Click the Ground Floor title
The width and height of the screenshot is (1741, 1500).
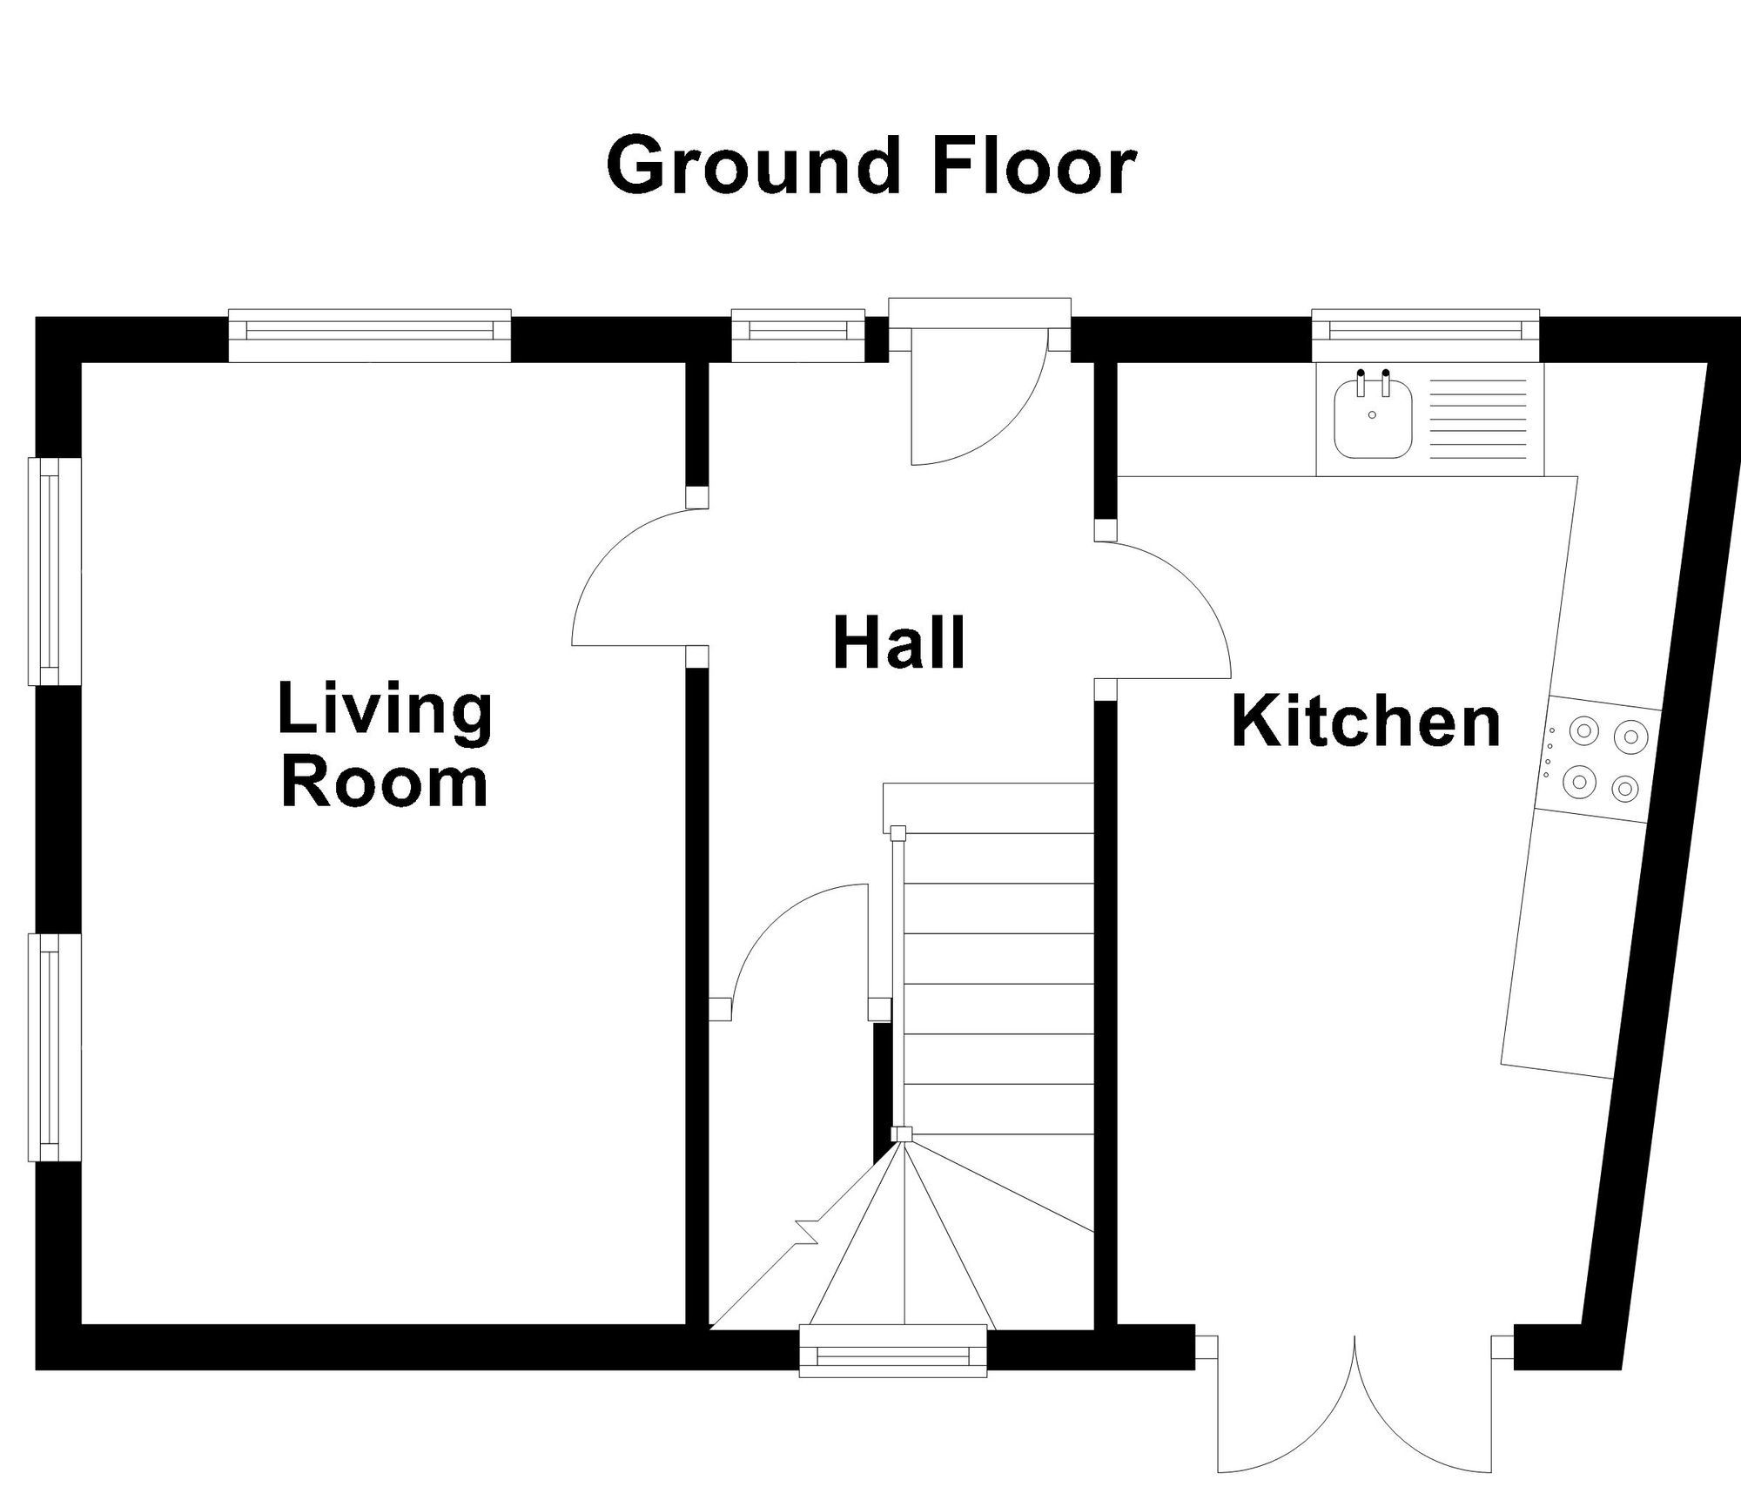click(x=870, y=165)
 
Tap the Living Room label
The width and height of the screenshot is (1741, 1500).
click(x=385, y=746)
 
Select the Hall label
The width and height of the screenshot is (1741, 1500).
click(x=899, y=643)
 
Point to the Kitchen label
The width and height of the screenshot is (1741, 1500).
click(x=1367, y=722)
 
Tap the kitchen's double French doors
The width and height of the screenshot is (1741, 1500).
click(x=1355, y=1428)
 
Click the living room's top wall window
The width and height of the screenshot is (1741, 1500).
click(x=369, y=335)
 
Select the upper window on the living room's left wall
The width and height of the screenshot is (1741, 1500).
click(x=55, y=571)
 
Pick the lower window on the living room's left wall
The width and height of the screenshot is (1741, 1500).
click(x=55, y=1047)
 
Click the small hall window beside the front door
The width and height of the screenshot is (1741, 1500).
click(x=798, y=335)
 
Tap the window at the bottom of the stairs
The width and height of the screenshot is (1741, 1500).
click(x=893, y=1376)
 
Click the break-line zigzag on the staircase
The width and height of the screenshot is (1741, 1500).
click(x=807, y=1234)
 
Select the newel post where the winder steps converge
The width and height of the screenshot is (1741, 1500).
click(x=903, y=1134)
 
